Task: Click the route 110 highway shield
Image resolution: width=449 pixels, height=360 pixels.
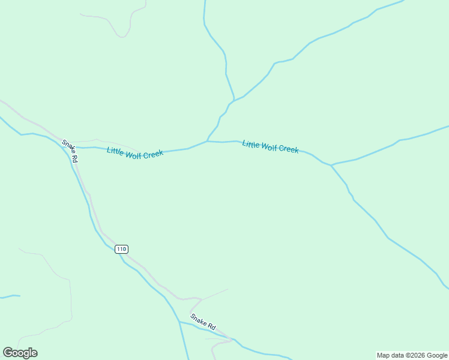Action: [121, 249]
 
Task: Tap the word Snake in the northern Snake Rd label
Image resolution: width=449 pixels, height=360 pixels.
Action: [68, 148]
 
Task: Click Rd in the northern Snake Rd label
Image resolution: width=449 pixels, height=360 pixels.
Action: [74, 158]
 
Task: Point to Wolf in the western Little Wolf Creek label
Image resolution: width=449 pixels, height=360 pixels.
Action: [134, 153]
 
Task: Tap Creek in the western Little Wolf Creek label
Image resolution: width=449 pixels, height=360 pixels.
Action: [154, 154]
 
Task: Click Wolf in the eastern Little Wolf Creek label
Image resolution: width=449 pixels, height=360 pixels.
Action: [269, 147]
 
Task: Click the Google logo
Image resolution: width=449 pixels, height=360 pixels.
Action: [20, 353]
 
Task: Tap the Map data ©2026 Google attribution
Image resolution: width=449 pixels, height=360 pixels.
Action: [412, 355]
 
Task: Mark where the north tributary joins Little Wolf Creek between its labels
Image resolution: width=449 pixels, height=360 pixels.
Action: [207, 142]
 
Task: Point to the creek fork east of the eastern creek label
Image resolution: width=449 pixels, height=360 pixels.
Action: [331, 165]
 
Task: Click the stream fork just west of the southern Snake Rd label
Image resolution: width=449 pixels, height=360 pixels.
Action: [179, 322]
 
